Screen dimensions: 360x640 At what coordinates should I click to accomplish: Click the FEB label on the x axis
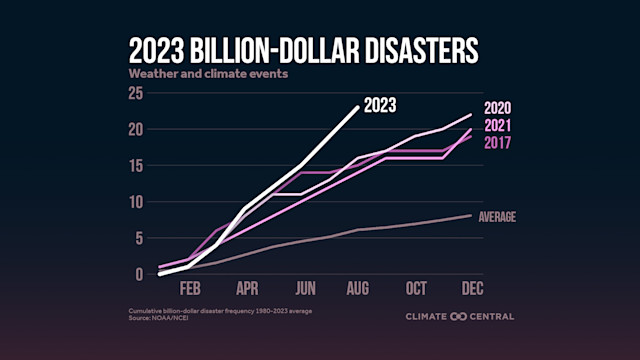(191, 289)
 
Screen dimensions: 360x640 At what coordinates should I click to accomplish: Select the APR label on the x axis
(248, 289)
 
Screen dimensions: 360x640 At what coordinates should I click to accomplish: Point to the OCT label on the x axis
(416, 289)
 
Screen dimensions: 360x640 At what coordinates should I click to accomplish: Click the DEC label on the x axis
(472, 289)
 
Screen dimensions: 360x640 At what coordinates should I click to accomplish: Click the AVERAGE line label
(496, 216)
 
